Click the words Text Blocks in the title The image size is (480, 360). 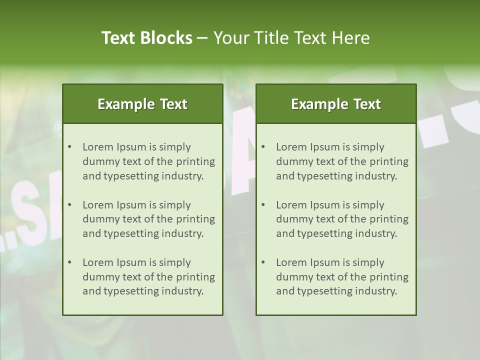146,38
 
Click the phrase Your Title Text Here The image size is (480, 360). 291,38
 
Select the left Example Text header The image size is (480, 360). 142,104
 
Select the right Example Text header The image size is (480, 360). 336,104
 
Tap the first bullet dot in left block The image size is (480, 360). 69,147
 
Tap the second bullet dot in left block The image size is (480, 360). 69,205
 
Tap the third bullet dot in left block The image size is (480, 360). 69,262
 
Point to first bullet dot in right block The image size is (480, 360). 263,147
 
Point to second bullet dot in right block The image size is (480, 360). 263,205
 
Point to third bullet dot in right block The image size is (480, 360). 263,262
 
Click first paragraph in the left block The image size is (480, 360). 148,161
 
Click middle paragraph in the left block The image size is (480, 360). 148,219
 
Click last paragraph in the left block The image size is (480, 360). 148,277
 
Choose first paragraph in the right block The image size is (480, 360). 342,161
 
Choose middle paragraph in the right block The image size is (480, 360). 342,219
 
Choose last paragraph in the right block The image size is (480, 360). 342,277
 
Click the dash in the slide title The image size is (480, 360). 202,38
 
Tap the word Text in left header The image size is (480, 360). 173,104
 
